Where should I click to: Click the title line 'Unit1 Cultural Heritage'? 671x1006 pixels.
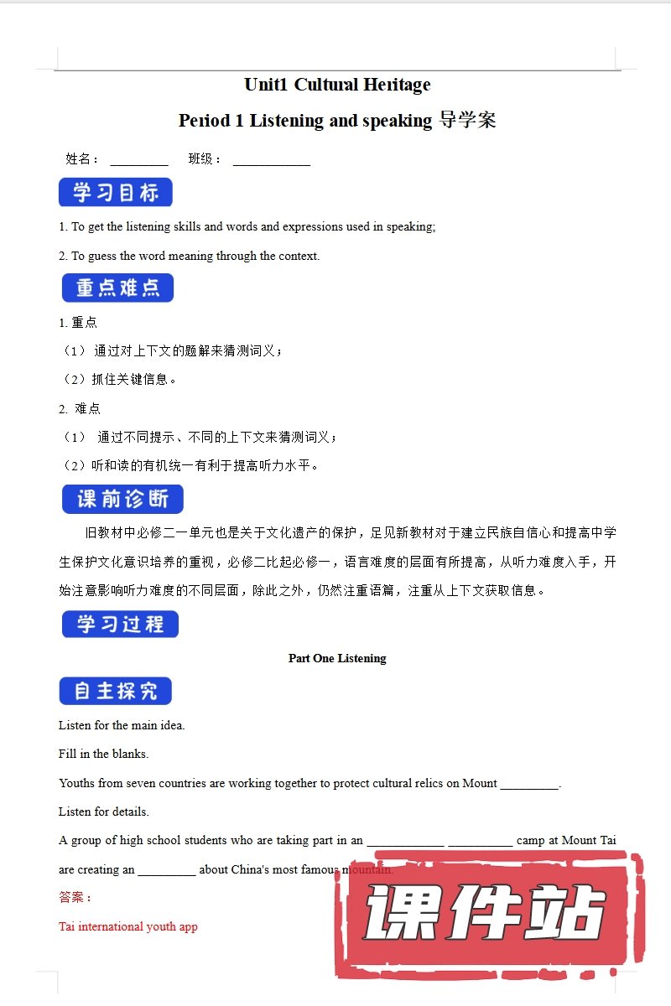[337, 85]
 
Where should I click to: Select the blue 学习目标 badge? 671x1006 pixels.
[116, 193]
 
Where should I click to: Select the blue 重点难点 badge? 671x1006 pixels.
[117, 288]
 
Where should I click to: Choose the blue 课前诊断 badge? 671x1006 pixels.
[122, 500]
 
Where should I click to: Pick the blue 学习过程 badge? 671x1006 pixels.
[120, 625]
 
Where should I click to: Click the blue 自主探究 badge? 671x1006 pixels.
[116, 692]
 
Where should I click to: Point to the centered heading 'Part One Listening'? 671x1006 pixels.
[337, 659]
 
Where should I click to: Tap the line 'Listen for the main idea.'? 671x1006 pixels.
[122, 725]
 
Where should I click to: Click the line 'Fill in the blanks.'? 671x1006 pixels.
[103, 754]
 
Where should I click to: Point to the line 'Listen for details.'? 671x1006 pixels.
[104, 812]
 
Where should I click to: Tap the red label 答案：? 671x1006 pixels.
[75, 898]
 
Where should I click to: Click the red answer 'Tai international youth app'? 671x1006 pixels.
[128, 927]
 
